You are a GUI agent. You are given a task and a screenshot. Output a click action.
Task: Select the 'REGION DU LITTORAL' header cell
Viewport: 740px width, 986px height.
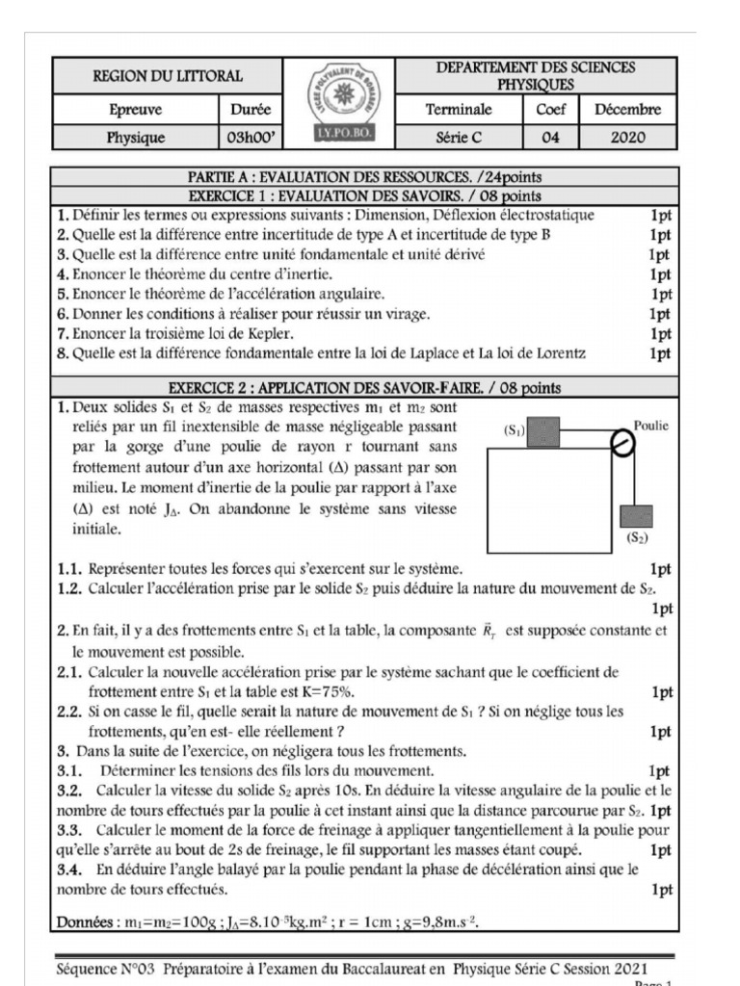tap(167, 75)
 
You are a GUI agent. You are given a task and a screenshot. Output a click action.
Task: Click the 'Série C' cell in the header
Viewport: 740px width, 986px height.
tap(459, 138)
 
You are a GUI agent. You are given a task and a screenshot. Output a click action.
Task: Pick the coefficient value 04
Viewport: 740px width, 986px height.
tap(550, 138)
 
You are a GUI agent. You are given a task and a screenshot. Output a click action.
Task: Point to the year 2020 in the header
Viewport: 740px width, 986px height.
tap(628, 138)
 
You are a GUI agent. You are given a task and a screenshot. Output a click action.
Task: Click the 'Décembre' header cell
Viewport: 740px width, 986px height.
tap(628, 110)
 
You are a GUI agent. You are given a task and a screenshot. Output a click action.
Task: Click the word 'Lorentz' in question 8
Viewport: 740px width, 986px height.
tap(555, 353)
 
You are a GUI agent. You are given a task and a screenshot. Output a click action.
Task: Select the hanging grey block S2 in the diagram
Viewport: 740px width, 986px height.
tap(637, 516)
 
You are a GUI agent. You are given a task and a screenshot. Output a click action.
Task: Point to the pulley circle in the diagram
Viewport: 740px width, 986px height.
tap(622, 444)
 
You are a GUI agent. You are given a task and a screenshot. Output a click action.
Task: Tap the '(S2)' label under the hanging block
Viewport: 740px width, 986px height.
tap(637, 539)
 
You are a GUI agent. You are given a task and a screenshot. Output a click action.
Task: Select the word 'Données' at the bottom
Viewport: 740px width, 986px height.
tap(86, 921)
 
